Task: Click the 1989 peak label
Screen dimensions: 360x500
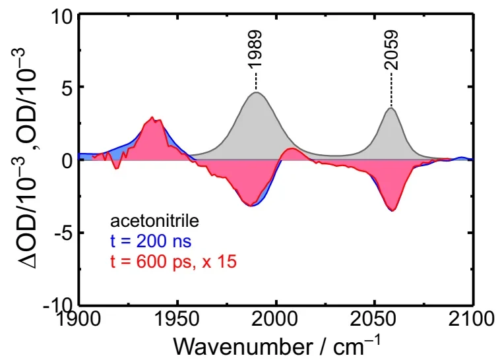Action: pyautogui.click(x=255, y=49)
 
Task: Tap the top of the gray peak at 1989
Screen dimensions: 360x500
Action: pyautogui.click(x=256, y=92)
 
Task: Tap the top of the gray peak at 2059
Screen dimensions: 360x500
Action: pyautogui.click(x=391, y=108)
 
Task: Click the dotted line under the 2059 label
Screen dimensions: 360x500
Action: pyautogui.click(x=391, y=89)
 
